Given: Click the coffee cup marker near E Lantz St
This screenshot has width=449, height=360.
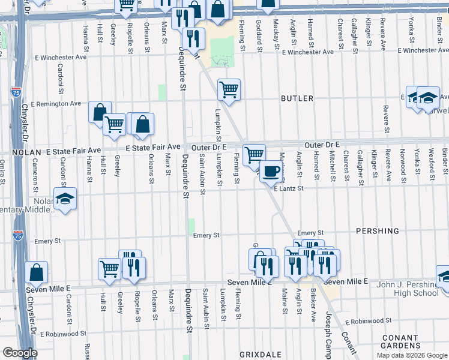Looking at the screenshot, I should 271,171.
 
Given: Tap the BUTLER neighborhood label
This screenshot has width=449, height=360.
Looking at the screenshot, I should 297,98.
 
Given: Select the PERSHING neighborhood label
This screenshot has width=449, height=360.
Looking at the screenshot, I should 377,231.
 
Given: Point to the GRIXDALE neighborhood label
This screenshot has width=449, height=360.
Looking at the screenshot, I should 256,354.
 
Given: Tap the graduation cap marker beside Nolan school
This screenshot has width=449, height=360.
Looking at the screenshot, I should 65,200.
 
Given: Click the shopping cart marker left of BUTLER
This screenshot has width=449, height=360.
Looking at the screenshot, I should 229,90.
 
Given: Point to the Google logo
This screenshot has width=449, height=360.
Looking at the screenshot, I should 20,353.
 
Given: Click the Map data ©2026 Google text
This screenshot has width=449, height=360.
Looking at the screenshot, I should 411,355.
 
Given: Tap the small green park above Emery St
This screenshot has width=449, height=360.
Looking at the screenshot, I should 191,226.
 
